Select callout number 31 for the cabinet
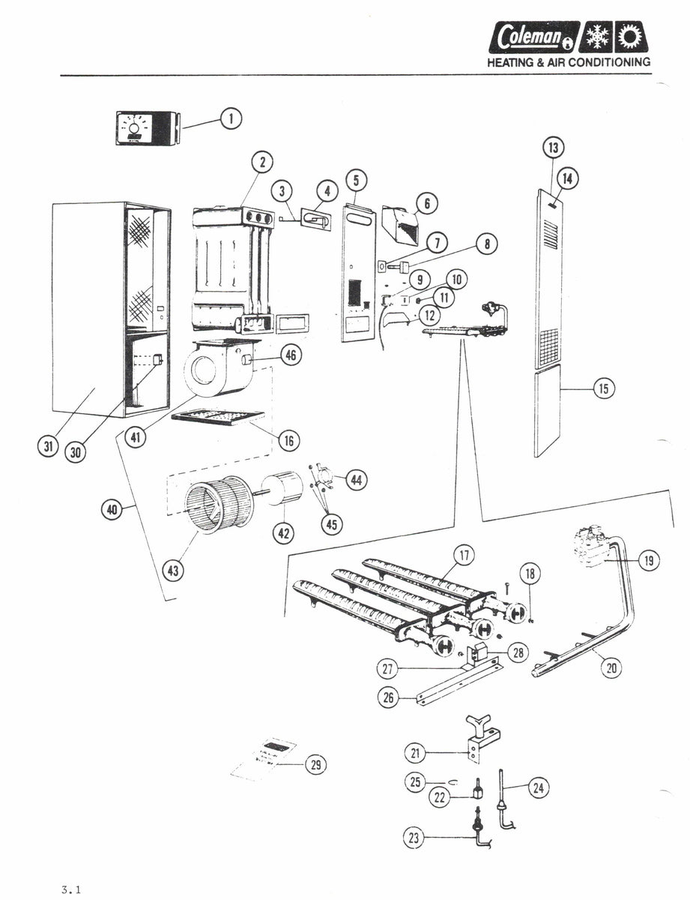[48, 448]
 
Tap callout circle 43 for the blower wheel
[173, 571]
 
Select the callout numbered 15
[604, 388]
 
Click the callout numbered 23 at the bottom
[413, 838]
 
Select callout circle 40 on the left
[112, 510]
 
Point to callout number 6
[426, 202]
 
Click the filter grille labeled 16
[217, 417]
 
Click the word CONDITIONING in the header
[610, 63]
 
